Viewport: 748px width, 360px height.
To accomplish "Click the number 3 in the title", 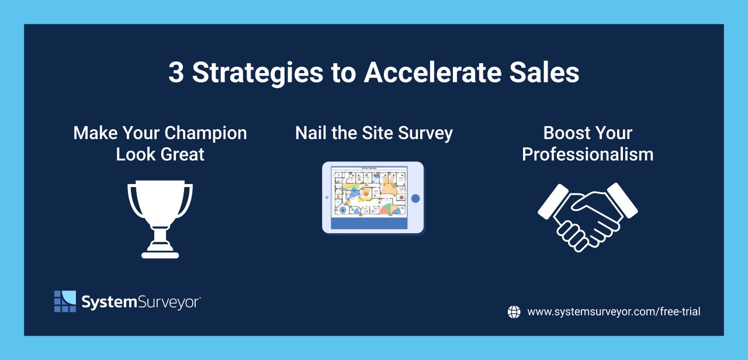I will pos(175,73).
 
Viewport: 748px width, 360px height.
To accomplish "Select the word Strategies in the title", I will pos(257,73).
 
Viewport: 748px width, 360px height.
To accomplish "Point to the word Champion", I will pos(206,133).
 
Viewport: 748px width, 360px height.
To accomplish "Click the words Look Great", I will pos(160,155).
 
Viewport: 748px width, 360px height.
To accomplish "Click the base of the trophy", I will pos(160,254).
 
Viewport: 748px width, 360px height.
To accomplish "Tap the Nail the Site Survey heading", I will pos(374,133).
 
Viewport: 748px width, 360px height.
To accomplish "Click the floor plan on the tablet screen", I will pos(369,191).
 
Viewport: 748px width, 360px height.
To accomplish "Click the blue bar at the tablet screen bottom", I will pos(369,223).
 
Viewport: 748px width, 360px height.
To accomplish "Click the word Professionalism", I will pos(587,155).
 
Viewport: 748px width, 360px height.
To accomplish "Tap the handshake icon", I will pos(587,216).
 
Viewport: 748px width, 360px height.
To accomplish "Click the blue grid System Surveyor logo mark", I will pos(65,301).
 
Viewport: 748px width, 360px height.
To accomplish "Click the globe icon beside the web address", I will pos(514,312).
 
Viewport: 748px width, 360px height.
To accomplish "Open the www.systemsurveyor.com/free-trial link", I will pos(614,312).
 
